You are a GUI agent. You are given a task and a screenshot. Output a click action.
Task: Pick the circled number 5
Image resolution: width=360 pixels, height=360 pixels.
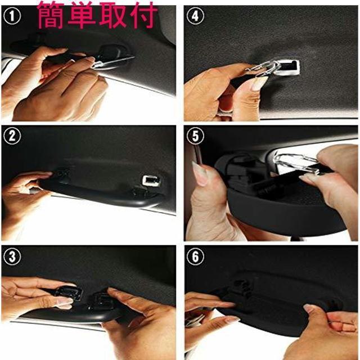(196, 137)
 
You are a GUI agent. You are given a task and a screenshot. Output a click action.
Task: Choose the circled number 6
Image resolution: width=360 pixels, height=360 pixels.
(196, 256)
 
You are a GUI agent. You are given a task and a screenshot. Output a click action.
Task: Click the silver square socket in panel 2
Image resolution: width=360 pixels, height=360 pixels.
(150, 180)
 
